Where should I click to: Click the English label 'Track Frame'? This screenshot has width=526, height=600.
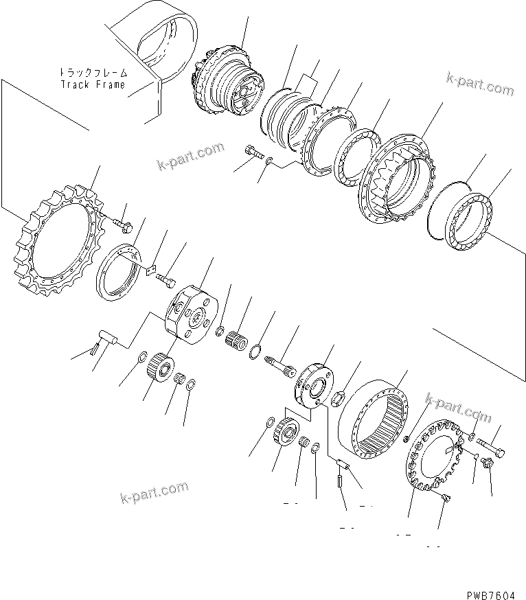(93, 84)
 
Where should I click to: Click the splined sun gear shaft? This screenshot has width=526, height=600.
(279, 362)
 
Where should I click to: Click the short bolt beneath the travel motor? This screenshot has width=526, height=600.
(253, 152)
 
